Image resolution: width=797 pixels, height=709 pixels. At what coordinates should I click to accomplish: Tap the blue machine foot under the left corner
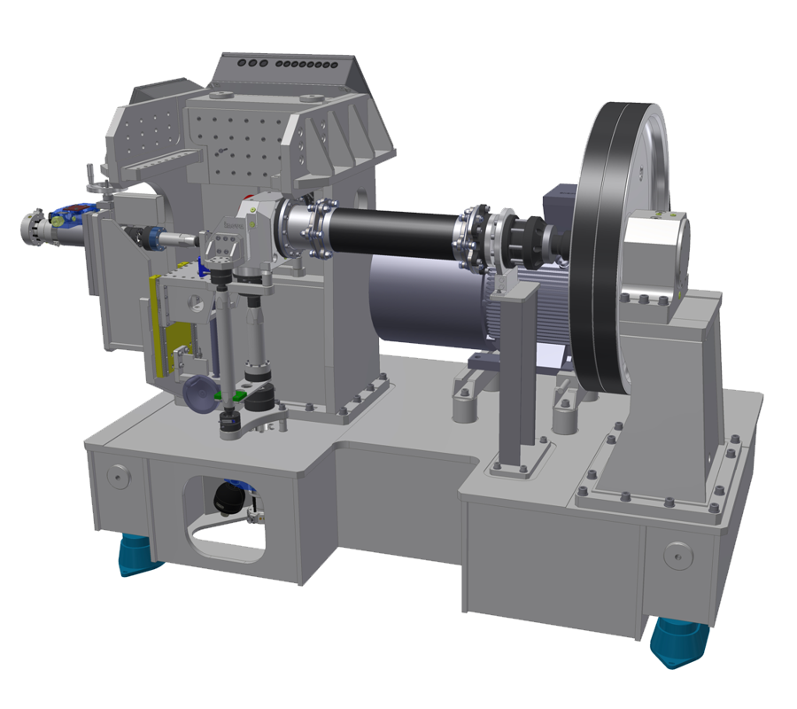tap(138, 555)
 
